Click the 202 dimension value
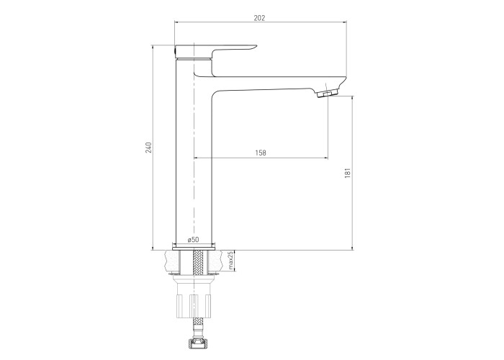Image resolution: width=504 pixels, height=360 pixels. coord(259,18)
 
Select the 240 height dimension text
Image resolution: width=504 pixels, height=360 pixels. coord(148,147)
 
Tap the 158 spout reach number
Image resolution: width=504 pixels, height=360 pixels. coord(261,153)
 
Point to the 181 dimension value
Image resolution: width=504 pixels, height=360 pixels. coord(348,173)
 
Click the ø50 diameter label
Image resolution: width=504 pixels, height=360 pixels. coord(194,240)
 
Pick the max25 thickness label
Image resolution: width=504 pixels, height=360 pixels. coord(230,261)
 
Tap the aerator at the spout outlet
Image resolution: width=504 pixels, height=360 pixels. coord(328,94)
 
